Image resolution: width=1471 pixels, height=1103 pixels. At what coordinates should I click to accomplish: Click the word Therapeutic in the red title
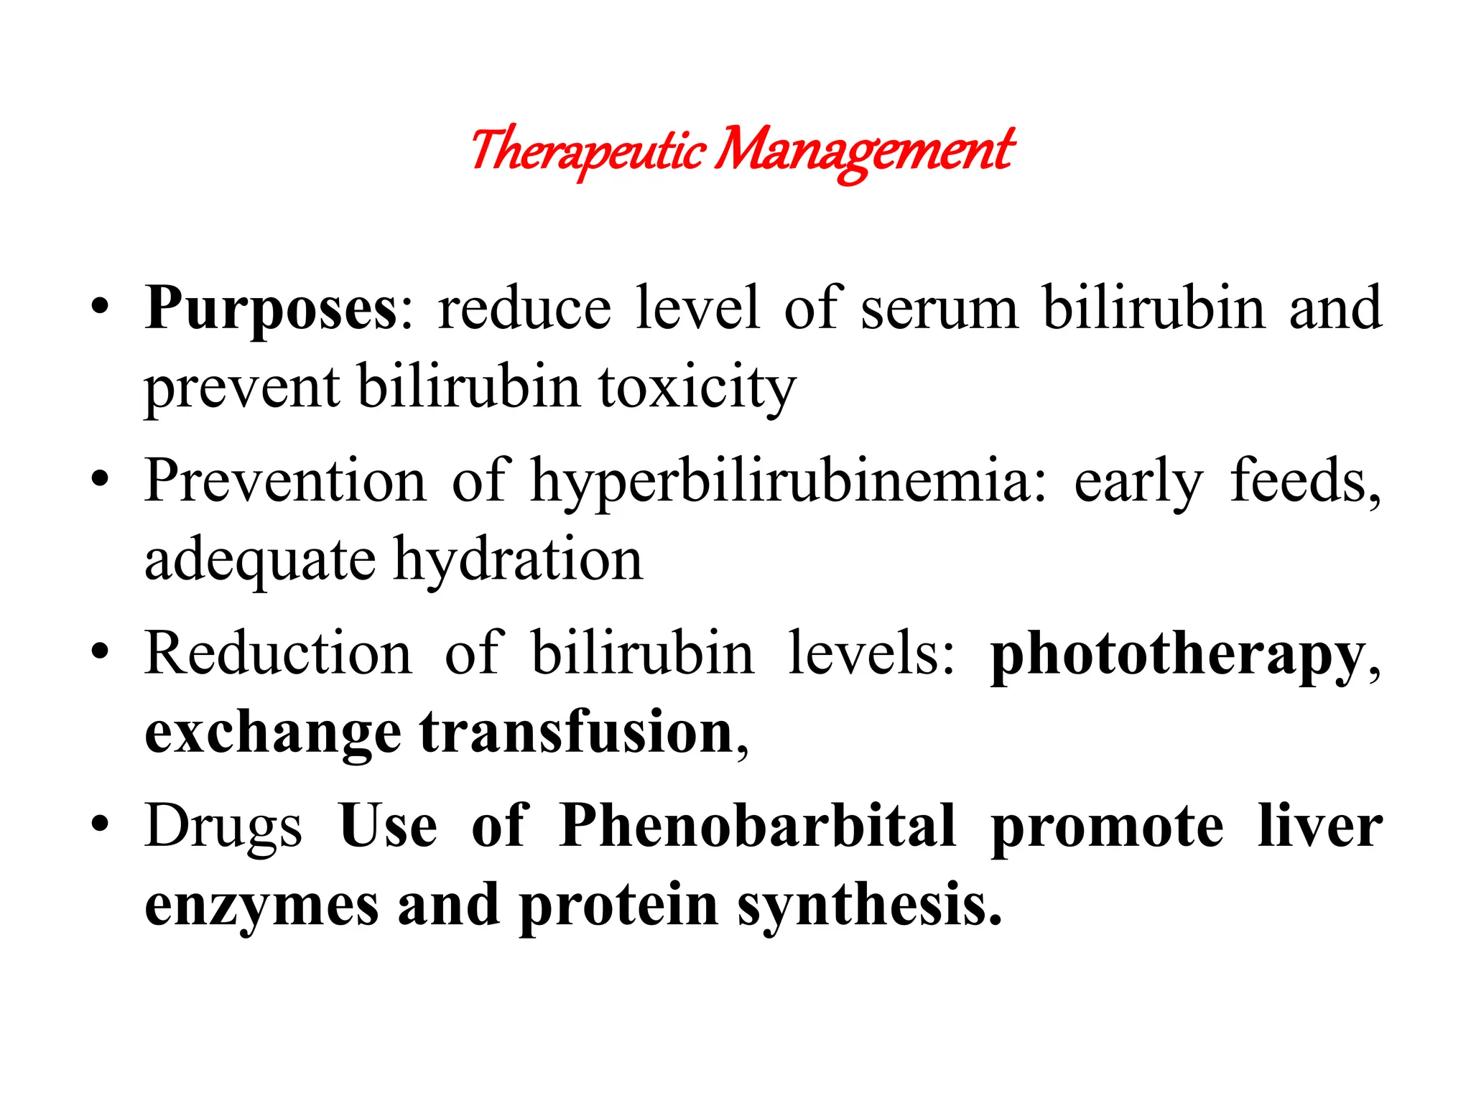588,151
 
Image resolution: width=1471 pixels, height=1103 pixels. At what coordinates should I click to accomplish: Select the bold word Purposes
270,309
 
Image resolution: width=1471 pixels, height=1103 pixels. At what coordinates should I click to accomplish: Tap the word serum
939,309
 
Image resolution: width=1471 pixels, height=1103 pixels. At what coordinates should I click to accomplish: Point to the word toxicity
697,388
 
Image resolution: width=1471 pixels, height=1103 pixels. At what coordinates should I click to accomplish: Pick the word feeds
1304,481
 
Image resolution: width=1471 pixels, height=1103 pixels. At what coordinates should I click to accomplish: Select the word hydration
518,560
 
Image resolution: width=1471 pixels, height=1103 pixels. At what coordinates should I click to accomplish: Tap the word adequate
260,560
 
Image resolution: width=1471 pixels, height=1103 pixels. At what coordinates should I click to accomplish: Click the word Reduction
279,653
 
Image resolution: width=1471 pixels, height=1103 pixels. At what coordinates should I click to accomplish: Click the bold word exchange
273,732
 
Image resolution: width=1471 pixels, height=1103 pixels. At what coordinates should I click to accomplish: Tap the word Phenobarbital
757,826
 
